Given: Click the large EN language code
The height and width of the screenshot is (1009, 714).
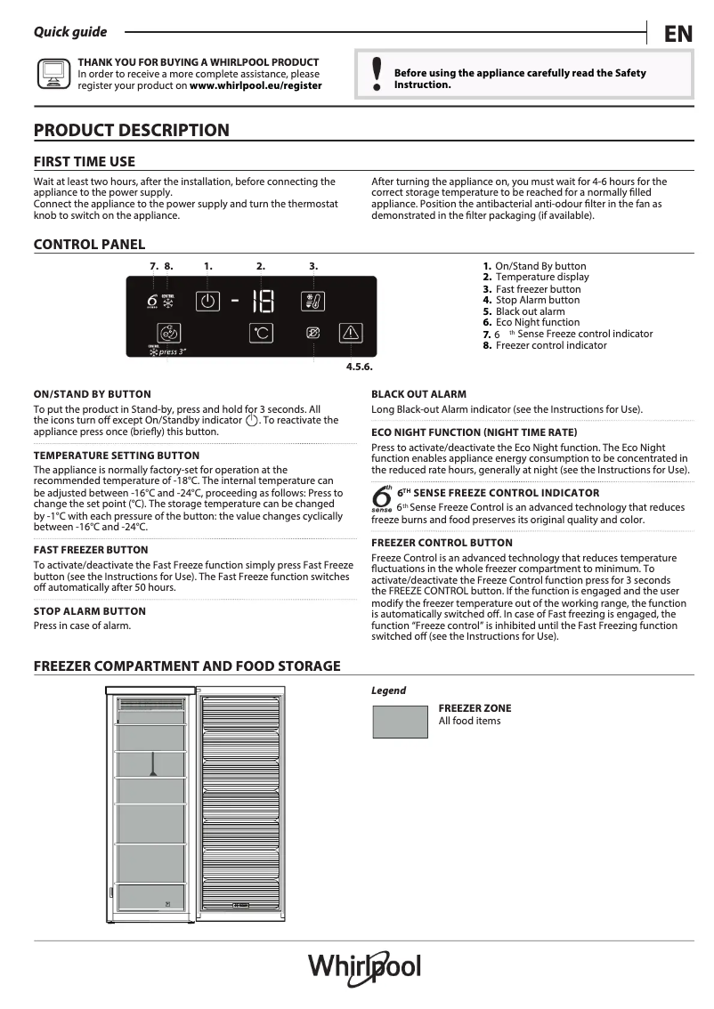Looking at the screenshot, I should (677, 35).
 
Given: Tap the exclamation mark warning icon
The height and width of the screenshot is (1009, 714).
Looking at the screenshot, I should (377, 75).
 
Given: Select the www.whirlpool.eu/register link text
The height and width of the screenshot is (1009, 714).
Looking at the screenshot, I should (256, 86).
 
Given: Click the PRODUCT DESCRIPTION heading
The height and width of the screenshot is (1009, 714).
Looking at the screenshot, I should (131, 130).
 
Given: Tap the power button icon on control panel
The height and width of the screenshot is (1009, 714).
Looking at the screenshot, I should (207, 301).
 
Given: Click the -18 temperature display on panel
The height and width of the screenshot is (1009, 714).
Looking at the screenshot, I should (255, 302).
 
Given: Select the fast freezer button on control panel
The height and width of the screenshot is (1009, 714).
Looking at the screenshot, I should (314, 301).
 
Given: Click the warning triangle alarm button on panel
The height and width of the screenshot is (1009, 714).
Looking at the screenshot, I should (352, 334).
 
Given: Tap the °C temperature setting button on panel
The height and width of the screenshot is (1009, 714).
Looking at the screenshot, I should (260, 334).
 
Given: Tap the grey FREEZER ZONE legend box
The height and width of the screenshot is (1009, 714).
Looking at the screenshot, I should (400, 721).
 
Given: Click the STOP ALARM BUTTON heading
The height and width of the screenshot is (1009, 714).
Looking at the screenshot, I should (89, 611).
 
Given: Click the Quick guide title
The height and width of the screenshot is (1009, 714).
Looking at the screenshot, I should (70, 32).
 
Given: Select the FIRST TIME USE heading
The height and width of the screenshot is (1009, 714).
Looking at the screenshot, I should (85, 161).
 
